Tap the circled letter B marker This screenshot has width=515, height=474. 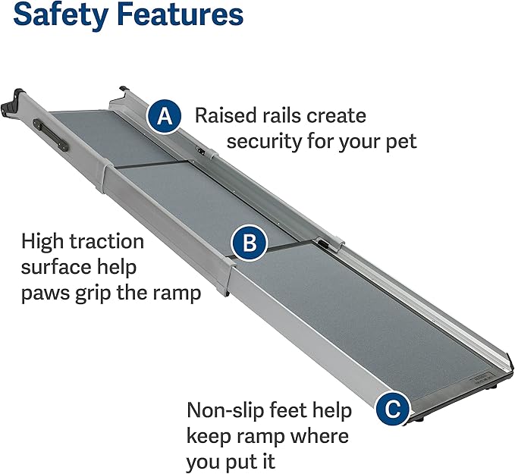click(x=249, y=243)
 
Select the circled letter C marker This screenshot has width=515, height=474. click(x=391, y=410)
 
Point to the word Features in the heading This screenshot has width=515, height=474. click(x=178, y=15)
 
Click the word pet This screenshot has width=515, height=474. click(x=400, y=142)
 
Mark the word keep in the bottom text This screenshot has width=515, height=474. click(x=211, y=437)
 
